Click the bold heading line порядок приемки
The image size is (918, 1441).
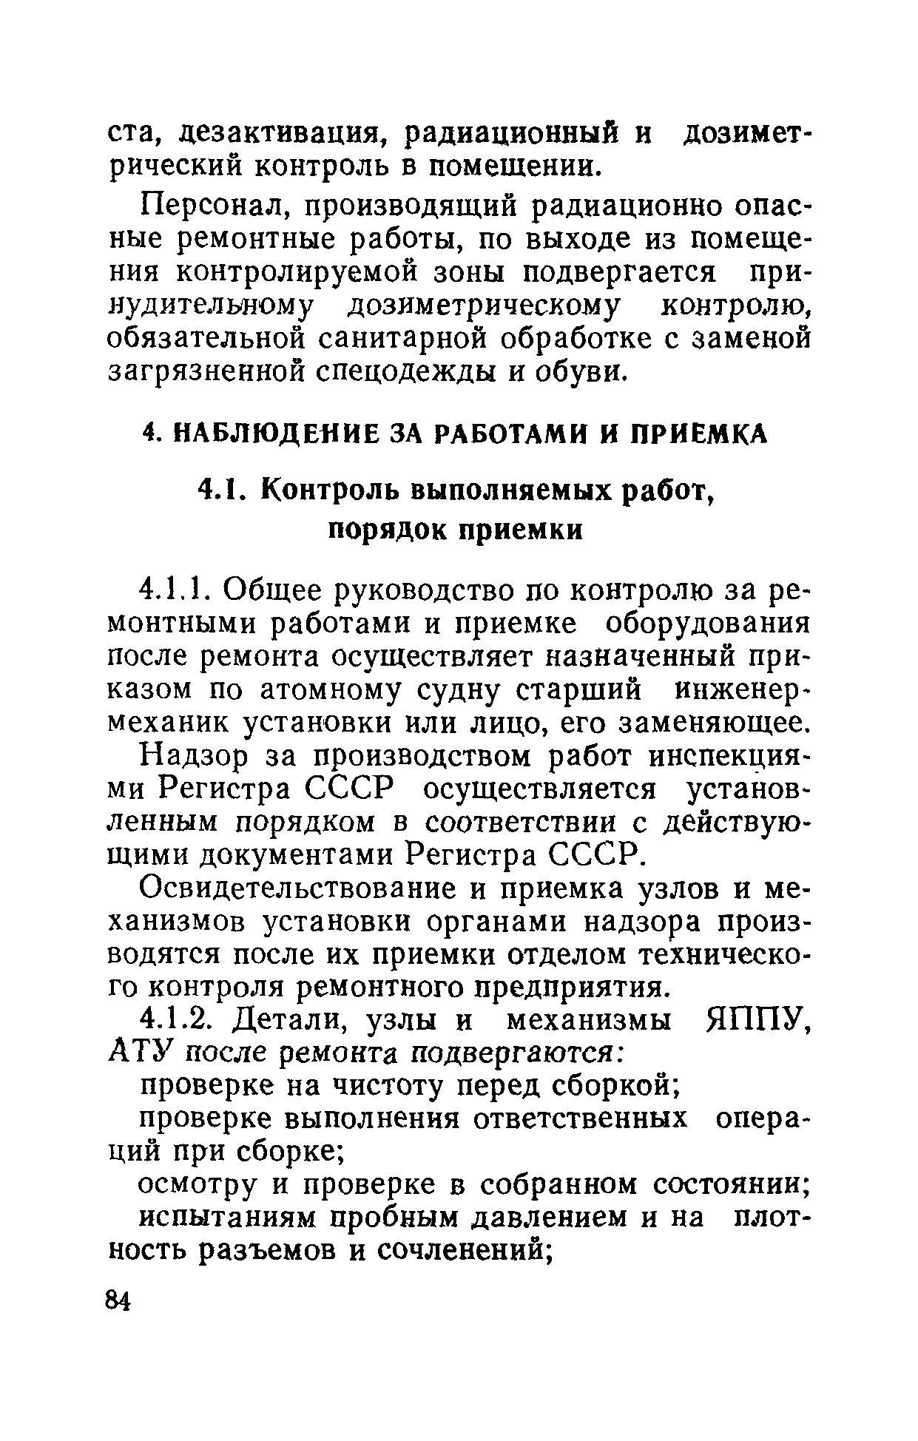pos(456,530)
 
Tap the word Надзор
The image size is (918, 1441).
pos(193,756)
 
